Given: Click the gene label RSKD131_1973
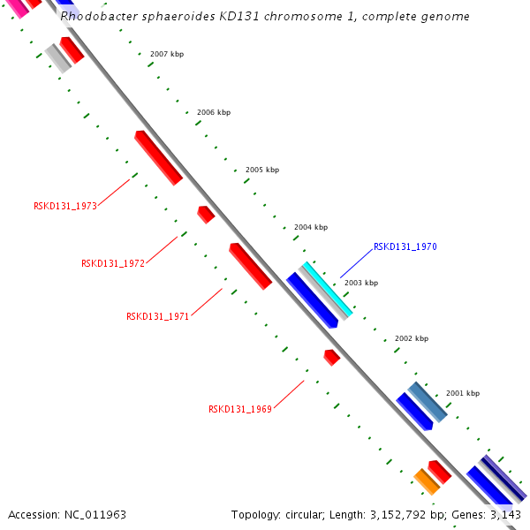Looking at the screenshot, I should coord(65,206).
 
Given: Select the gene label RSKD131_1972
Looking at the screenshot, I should coord(113,263).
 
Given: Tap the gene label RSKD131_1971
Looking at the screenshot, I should coord(158,316).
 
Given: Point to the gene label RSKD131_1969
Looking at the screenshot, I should coord(240,409).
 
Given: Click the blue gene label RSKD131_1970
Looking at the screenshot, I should coord(405,246).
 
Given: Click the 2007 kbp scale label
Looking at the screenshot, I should coord(167,54).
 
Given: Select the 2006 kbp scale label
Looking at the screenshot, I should coord(214,112).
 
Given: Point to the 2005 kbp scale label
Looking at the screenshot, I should coord(262,170).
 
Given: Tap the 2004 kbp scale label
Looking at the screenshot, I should coord(311,227).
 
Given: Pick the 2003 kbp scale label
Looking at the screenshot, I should coord(361,283).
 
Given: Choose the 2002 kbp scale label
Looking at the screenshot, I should coord(412,338).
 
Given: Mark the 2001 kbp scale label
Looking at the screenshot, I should coord(463,393).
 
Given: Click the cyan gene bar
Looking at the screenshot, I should coord(328,289).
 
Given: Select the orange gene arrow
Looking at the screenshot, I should coord(427,481).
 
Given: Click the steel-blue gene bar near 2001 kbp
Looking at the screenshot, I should coord(428,402).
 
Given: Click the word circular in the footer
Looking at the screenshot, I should coord(305,514).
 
